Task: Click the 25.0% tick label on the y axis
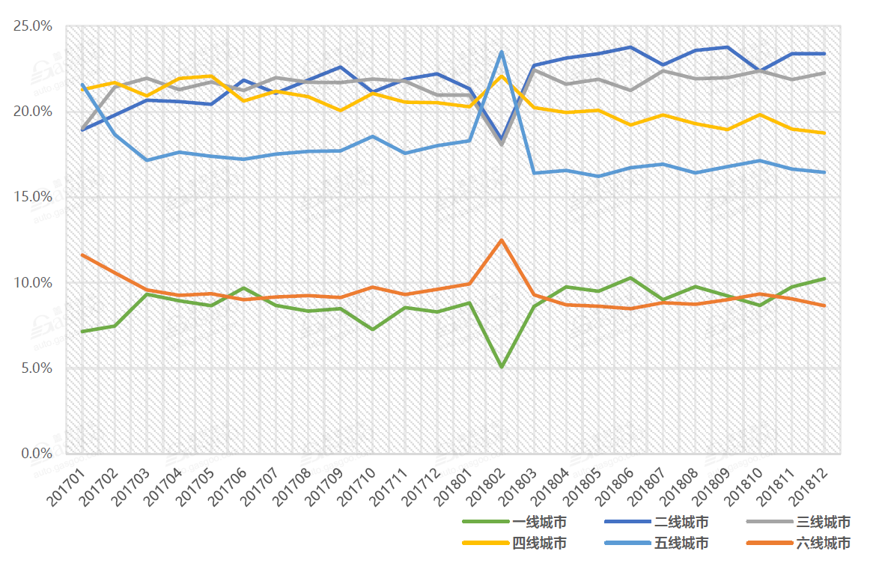coord(33,26)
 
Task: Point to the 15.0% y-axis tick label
coord(33,197)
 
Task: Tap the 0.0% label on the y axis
coord(36,454)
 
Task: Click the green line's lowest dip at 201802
coord(501,367)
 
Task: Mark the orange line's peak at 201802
coord(501,240)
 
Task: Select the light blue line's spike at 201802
coord(501,52)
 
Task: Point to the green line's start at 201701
coord(82,331)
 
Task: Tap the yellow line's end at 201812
coord(824,133)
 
